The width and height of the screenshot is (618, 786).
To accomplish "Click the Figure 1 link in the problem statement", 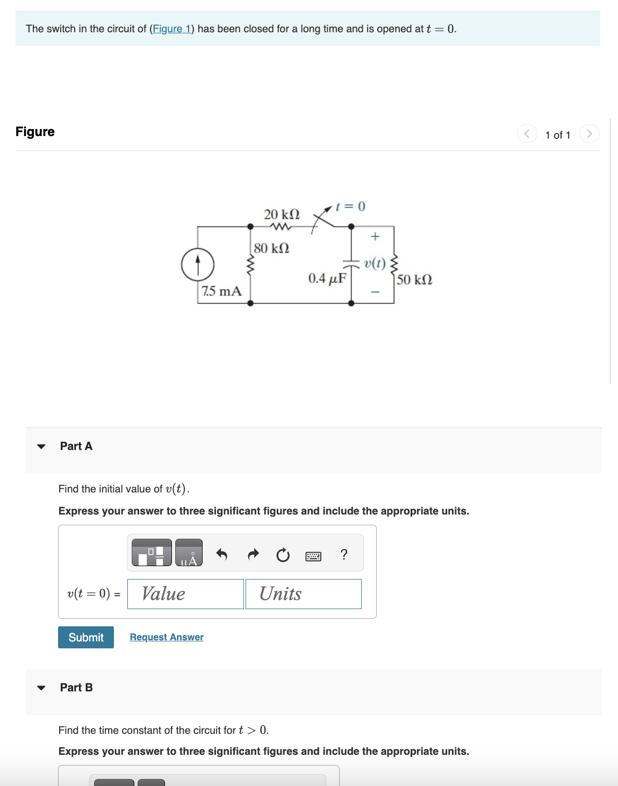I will tap(171, 29).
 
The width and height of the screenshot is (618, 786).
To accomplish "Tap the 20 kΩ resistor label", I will tap(282, 214).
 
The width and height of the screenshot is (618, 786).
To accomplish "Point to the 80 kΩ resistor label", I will tap(271, 248).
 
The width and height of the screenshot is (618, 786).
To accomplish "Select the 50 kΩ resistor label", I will tap(414, 280).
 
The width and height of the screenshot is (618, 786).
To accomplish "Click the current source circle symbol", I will tap(198, 265).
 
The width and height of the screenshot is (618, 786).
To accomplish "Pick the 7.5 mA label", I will tap(221, 291).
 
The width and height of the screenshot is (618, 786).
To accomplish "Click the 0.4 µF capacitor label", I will tap(327, 278).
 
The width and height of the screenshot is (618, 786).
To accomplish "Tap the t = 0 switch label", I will tap(350, 206).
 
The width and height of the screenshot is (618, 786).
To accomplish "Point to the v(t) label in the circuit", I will tap(375, 263).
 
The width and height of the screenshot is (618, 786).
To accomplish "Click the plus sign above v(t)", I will tap(375, 237).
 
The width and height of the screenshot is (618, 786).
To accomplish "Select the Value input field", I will tap(185, 594).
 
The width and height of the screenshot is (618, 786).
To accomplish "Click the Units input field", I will tap(304, 594).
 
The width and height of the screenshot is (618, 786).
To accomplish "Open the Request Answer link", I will tap(167, 637).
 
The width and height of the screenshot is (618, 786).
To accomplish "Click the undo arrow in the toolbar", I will tap(221, 554).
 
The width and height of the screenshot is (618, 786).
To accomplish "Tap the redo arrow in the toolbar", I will tap(253, 554).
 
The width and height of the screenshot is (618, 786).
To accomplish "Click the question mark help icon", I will tap(344, 554).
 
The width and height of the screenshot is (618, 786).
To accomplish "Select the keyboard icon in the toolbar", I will tap(313, 556).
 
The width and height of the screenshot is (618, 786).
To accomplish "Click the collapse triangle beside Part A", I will tap(41, 446).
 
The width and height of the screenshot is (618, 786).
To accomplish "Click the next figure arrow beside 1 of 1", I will tap(589, 134).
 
